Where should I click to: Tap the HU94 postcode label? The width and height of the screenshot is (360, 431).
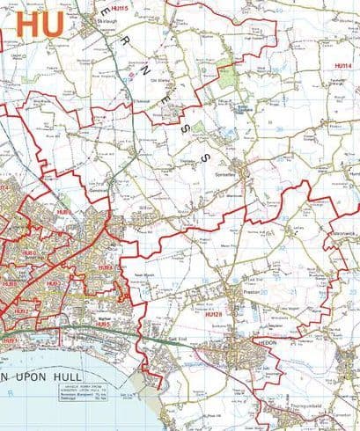point(105,267)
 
